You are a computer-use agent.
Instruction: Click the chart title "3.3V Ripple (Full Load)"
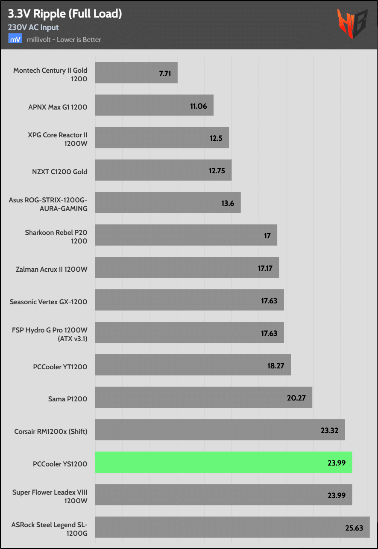[x=65, y=14]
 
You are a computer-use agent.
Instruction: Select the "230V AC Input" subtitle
[x=33, y=27]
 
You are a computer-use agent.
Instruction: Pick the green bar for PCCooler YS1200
[x=223, y=463]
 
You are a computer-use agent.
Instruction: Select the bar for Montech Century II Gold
[x=136, y=73]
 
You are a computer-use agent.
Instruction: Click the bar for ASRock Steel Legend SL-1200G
[x=231, y=527]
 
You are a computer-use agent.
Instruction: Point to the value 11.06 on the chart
[x=199, y=106]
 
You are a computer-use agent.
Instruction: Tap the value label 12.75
[x=217, y=171]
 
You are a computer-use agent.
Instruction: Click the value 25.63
[x=354, y=528]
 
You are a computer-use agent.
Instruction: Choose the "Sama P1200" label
[x=67, y=399]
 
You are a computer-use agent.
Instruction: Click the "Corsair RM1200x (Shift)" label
[x=51, y=431]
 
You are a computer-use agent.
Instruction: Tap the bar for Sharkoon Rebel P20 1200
[x=186, y=235]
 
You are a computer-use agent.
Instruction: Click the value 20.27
[x=296, y=398]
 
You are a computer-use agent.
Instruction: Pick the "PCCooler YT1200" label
[x=60, y=366]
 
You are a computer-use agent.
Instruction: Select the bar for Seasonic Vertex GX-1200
[x=189, y=300]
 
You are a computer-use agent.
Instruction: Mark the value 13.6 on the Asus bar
[x=228, y=203]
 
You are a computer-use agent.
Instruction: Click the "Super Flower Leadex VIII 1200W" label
[x=50, y=496]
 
